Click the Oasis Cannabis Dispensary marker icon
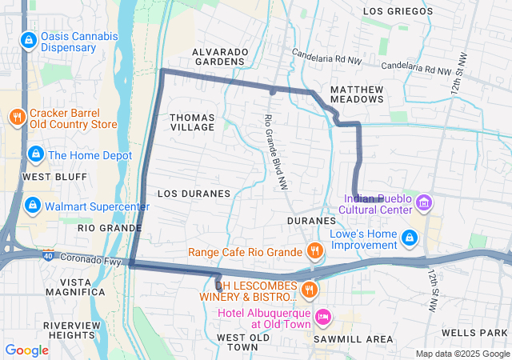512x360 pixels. point(29,39)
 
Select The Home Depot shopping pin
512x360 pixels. point(34,154)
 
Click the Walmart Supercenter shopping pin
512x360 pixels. point(32,206)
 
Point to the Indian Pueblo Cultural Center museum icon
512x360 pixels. point(424,204)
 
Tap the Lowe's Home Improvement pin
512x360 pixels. point(410,238)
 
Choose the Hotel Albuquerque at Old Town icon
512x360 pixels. point(322,318)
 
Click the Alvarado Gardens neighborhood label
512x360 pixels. point(219,56)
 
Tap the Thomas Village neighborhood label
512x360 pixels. point(192,122)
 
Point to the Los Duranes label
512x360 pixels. point(194,194)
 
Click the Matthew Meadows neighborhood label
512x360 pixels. point(357,94)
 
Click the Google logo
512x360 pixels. point(26,350)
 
